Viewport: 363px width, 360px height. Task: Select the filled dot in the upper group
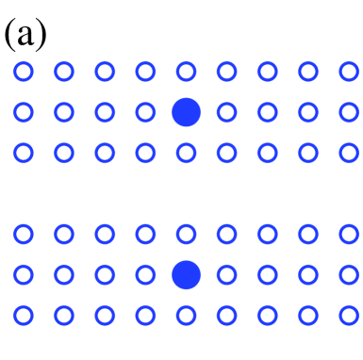(x=187, y=111)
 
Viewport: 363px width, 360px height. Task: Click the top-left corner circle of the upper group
(x=24, y=71)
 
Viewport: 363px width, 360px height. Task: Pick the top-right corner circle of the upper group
(x=348, y=71)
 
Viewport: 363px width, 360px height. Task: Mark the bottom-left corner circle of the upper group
(x=24, y=152)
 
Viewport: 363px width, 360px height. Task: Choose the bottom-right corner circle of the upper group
(x=348, y=152)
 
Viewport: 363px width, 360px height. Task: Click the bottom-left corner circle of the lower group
(x=24, y=314)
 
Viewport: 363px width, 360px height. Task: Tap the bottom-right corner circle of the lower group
(x=348, y=314)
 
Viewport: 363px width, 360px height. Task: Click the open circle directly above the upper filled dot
(x=186, y=71)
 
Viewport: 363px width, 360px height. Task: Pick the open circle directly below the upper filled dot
(x=186, y=152)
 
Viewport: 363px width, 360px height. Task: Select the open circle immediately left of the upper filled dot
(x=145, y=111)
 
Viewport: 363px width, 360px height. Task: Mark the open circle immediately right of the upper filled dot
(x=226, y=111)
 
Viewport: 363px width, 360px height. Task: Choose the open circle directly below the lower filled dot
(x=186, y=314)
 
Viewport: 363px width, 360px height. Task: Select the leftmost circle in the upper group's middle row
(x=24, y=111)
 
